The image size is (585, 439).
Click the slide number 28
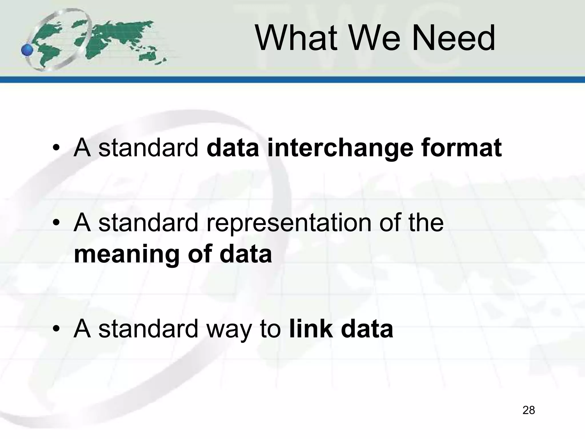tap(528, 410)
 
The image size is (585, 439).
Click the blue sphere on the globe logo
tap(27, 50)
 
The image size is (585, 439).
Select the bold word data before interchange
tap(233, 148)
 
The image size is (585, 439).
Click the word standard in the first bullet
tap(148, 148)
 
